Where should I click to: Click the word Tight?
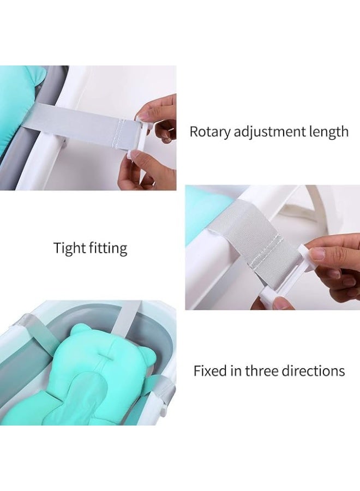(x=68, y=248)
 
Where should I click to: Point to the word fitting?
(x=107, y=248)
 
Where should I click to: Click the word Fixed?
(x=210, y=371)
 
